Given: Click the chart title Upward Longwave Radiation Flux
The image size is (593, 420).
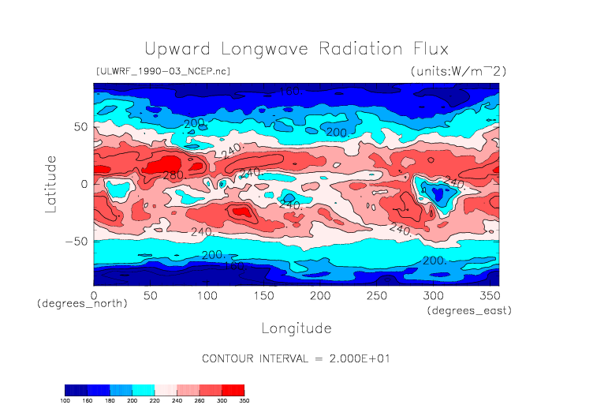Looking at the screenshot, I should pyautogui.click(x=296, y=49).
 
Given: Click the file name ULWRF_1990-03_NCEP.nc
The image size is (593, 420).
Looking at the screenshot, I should pyautogui.click(x=162, y=71).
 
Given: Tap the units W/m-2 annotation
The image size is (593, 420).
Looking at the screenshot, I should pyautogui.click(x=458, y=71).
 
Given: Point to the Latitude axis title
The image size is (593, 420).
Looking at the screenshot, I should pyautogui.click(x=51, y=183).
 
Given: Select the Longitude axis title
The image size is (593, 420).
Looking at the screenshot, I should pyautogui.click(x=296, y=328).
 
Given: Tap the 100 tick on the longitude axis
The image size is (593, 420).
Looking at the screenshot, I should pyautogui.click(x=207, y=295).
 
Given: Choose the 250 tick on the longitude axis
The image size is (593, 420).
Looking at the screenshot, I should pyautogui.click(x=375, y=295).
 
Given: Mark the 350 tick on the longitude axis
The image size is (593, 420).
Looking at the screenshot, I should pyautogui.click(x=488, y=295).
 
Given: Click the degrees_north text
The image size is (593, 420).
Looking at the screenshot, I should pyautogui.click(x=82, y=304).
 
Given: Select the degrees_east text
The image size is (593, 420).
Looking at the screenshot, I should pyautogui.click(x=470, y=311).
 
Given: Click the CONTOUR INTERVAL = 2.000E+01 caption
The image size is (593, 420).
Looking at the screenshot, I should pyautogui.click(x=296, y=358).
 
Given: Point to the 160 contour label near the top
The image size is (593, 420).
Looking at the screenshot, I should pyautogui.click(x=291, y=92).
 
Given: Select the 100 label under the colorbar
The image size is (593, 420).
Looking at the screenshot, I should pyautogui.click(x=66, y=401).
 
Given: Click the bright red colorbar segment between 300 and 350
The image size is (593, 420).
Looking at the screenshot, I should pyautogui.click(x=233, y=390).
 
